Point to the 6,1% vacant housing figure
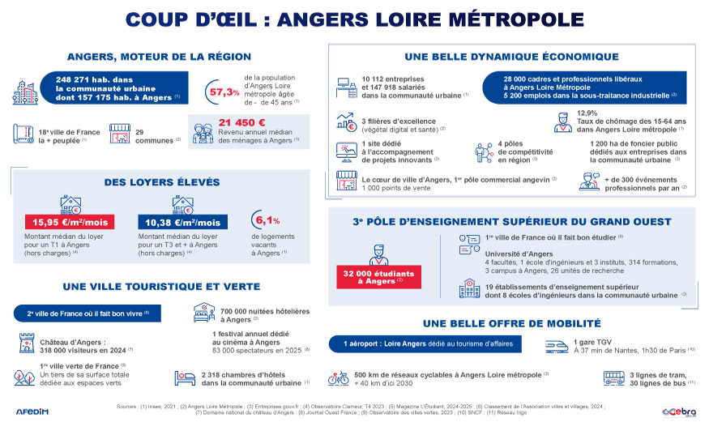[x=267, y=220]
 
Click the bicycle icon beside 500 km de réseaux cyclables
[x=338, y=378]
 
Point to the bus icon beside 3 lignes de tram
[x=613, y=378]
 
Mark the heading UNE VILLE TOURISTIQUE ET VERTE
[x=161, y=286]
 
